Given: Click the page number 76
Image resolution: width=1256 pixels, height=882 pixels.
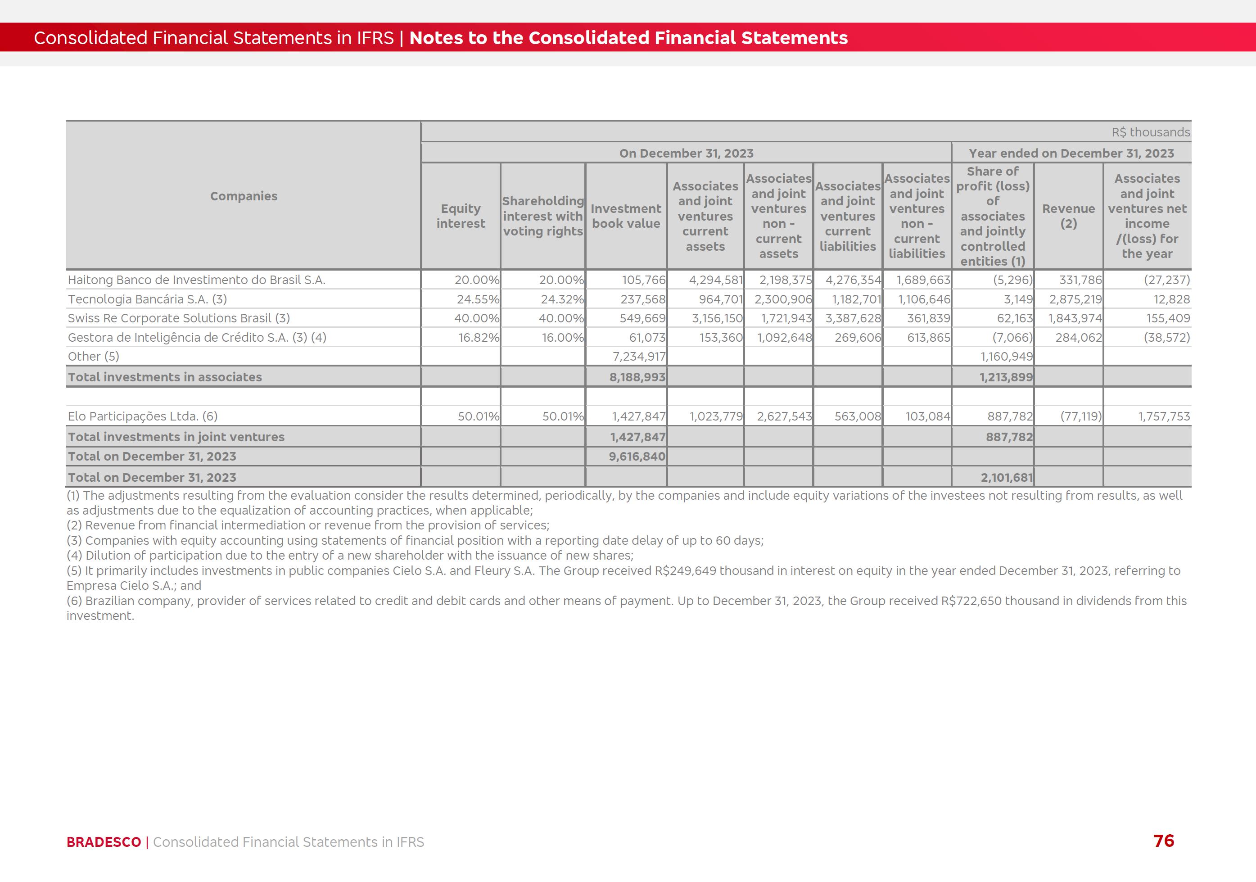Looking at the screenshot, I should point(1164,841).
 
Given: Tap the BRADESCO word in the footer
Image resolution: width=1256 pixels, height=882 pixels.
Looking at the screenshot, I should point(104,842).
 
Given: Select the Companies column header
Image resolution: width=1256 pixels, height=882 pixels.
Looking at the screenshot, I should point(244,196).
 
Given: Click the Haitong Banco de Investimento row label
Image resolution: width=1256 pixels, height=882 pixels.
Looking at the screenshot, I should point(196,280).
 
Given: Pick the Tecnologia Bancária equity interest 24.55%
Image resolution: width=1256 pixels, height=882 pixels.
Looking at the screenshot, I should point(478,299).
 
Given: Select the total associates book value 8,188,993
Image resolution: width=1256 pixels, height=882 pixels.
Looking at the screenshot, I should point(637,377).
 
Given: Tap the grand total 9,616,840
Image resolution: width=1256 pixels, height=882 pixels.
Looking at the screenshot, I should point(637,457).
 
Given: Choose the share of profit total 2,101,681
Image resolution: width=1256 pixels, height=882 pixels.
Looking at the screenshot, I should point(1007,478).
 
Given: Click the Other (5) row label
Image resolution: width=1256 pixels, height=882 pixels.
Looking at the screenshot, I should point(94,357).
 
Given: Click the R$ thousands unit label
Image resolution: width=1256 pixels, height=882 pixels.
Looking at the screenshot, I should point(1150,132).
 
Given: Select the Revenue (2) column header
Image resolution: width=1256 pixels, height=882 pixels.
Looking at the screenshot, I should point(1068,216).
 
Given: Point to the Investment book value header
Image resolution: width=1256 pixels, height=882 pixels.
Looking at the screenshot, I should point(626,216).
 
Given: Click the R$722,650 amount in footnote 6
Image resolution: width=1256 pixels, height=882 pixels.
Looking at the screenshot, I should point(971,601).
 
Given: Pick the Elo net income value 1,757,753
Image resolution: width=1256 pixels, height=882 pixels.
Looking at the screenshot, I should point(1164,416).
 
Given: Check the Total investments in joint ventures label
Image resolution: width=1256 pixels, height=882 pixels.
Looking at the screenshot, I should point(176,437).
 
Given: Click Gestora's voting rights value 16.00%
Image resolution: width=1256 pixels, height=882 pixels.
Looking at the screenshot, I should point(562,338).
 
